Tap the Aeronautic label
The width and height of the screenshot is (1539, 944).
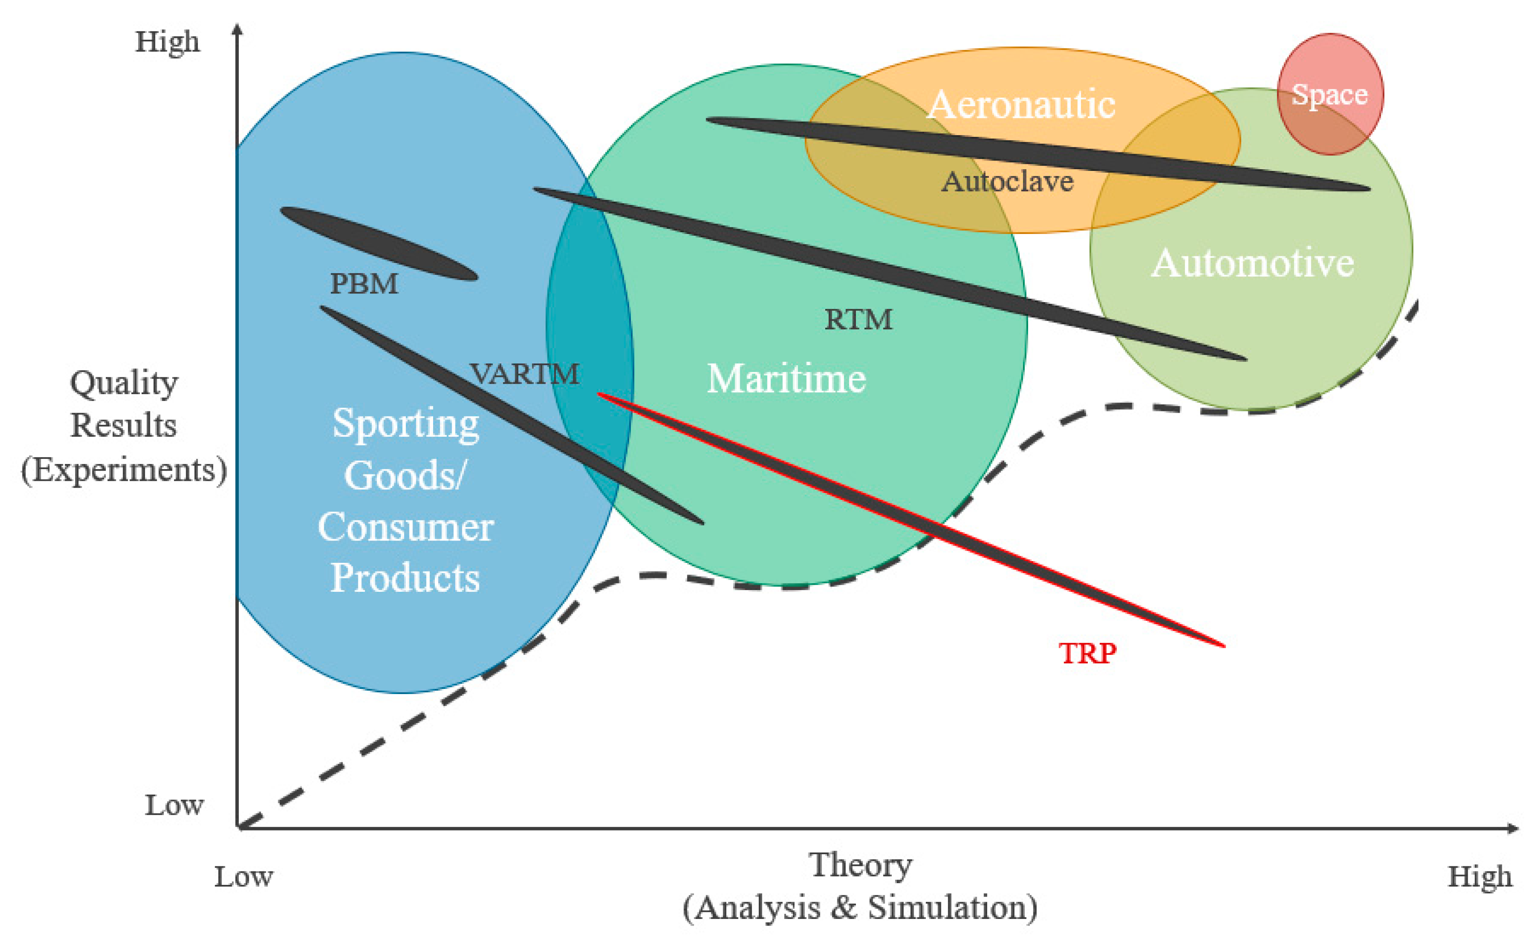click(x=1022, y=104)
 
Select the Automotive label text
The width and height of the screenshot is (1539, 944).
click(x=1252, y=263)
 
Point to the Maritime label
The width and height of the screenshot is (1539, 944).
click(x=786, y=379)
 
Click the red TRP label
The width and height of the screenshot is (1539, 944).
click(x=1087, y=654)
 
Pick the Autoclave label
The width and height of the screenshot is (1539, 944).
click(x=1007, y=182)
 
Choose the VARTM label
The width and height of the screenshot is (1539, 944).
click(x=525, y=374)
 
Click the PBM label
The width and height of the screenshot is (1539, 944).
click(x=364, y=284)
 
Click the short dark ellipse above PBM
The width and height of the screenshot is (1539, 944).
click(x=379, y=243)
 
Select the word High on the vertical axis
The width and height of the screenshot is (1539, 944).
click(x=168, y=42)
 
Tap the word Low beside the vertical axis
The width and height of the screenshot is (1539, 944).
click(x=174, y=805)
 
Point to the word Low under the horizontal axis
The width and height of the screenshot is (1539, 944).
click(x=244, y=877)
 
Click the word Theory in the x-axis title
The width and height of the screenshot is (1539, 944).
click(x=861, y=865)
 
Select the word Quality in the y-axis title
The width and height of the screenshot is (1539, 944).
click(x=123, y=383)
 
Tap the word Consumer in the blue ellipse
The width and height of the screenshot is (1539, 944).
click(x=405, y=527)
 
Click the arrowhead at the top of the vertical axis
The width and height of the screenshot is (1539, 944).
click(x=237, y=29)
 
